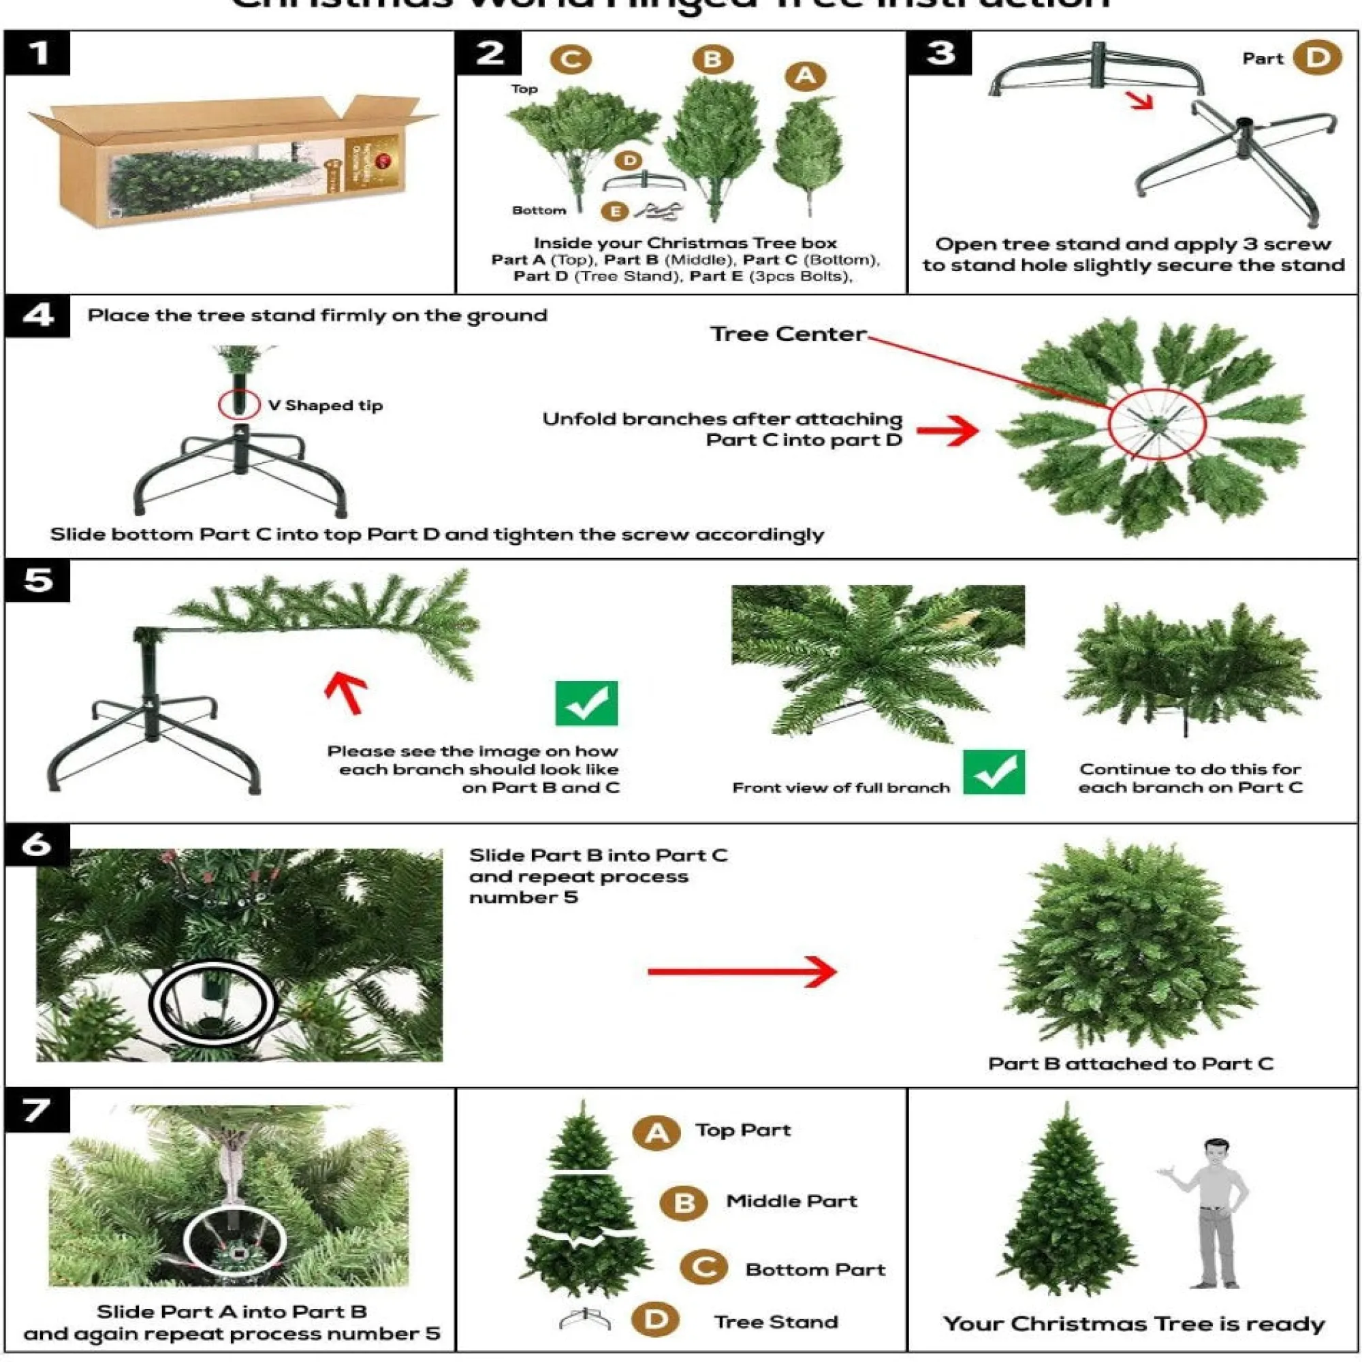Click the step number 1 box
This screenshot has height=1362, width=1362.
[x=37, y=53]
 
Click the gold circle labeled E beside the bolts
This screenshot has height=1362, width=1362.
[x=615, y=211]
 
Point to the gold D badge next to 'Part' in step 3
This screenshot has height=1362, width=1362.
[x=1316, y=58]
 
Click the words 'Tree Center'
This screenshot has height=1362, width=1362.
[x=787, y=334]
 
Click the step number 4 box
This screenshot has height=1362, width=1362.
[x=37, y=317]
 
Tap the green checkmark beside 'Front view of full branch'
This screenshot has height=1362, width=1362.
[x=994, y=772]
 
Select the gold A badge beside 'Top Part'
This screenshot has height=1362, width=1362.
[x=656, y=1133]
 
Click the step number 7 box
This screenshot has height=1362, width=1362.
[x=37, y=1110]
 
